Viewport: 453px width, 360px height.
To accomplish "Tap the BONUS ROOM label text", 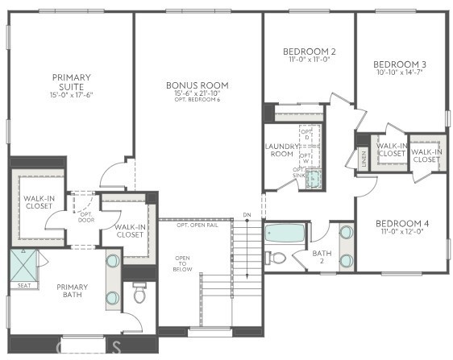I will tap(197, 85).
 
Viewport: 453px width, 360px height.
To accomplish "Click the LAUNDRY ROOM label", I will tap(281, 150).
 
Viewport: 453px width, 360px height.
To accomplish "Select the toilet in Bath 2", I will tap(276, 258).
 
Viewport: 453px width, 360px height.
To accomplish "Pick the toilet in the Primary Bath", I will tap(139, 293).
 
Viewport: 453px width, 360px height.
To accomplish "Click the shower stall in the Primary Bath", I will tap(23, 264).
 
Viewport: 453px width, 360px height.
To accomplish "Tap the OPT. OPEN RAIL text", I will tap(197, 225).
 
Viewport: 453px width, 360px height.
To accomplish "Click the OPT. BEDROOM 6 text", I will tap(197, 100).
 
